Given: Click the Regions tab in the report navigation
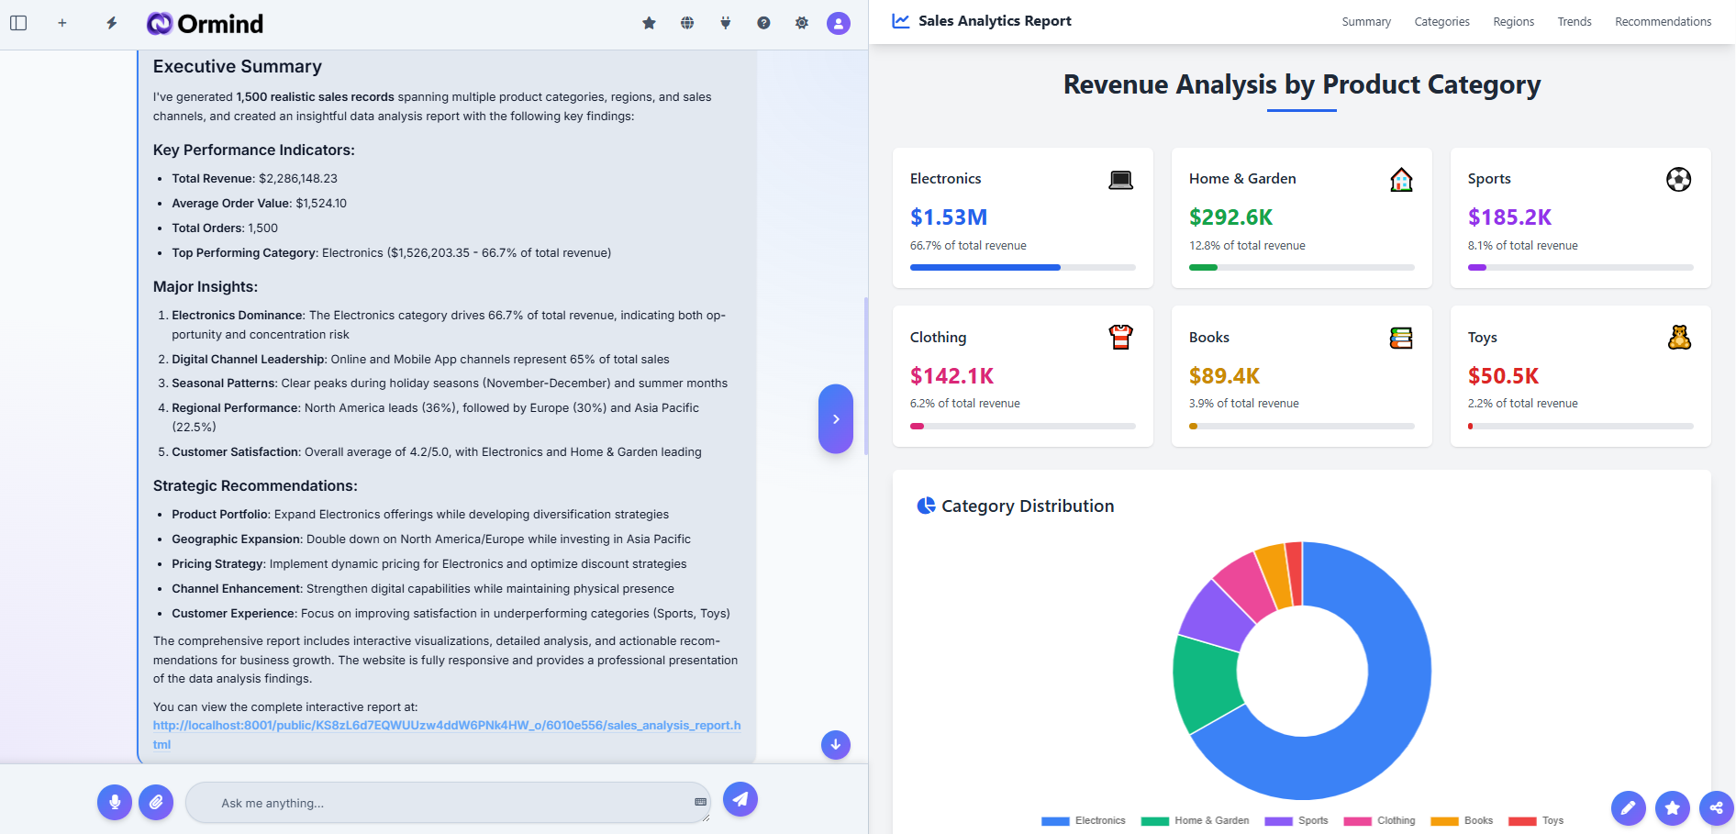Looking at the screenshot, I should click(1513, 22).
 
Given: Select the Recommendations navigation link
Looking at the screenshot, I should click(1663, 22).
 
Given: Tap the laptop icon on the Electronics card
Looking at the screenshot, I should click(1120, 180).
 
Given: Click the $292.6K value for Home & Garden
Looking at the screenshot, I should click(1230, 217).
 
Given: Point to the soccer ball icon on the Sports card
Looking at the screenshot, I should click(1678, 179).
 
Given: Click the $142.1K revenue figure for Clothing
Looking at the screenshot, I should click(951, 376).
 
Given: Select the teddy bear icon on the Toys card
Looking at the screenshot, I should click(1679, 338).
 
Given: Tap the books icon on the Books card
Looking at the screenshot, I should click(1400, 338).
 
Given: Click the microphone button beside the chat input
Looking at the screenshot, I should click(115, 802).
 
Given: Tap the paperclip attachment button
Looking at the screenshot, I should click(156, 802).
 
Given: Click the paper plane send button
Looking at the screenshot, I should click(740, 799).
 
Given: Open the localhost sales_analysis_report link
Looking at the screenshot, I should click(446, 726).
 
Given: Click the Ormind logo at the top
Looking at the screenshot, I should click(205, 24).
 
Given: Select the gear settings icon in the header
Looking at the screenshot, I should click(801, 23).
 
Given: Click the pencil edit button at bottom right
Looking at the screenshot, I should click(1628, 808).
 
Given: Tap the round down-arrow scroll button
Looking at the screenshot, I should click(835, 745).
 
